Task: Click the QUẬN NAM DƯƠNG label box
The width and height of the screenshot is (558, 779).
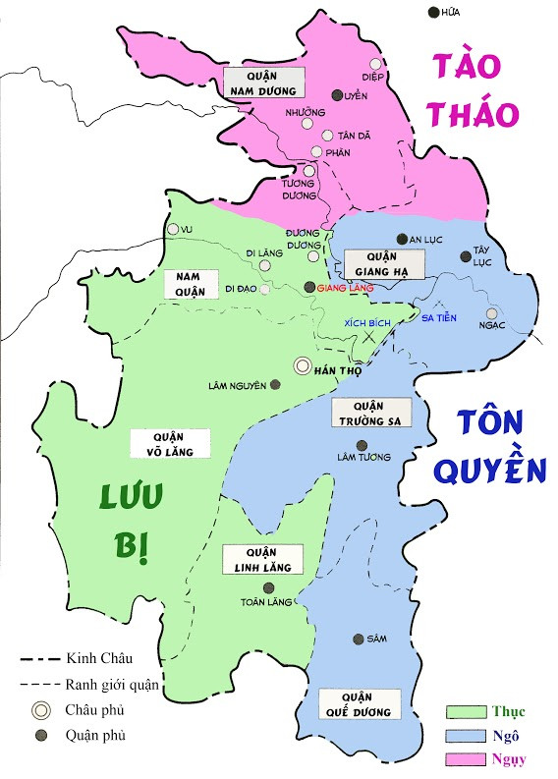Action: tap(263, 83)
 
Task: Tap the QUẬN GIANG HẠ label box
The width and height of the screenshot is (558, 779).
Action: tap(383, 264)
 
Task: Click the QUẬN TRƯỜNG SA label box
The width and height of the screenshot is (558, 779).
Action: tap(370, 414)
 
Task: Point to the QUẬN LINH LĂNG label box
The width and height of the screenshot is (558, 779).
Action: tap(262, 559)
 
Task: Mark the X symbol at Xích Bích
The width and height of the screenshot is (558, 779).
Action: tap(367, 336)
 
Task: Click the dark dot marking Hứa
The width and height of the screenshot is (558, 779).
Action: tap(434, 12)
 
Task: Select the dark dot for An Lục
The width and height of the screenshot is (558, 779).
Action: tap(401, 239)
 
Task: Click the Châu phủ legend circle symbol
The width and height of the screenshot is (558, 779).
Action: tap(40, 709)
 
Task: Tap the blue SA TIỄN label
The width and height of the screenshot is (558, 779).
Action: tap(438, 317)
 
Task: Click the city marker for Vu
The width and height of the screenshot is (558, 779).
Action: tap(173, 229)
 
